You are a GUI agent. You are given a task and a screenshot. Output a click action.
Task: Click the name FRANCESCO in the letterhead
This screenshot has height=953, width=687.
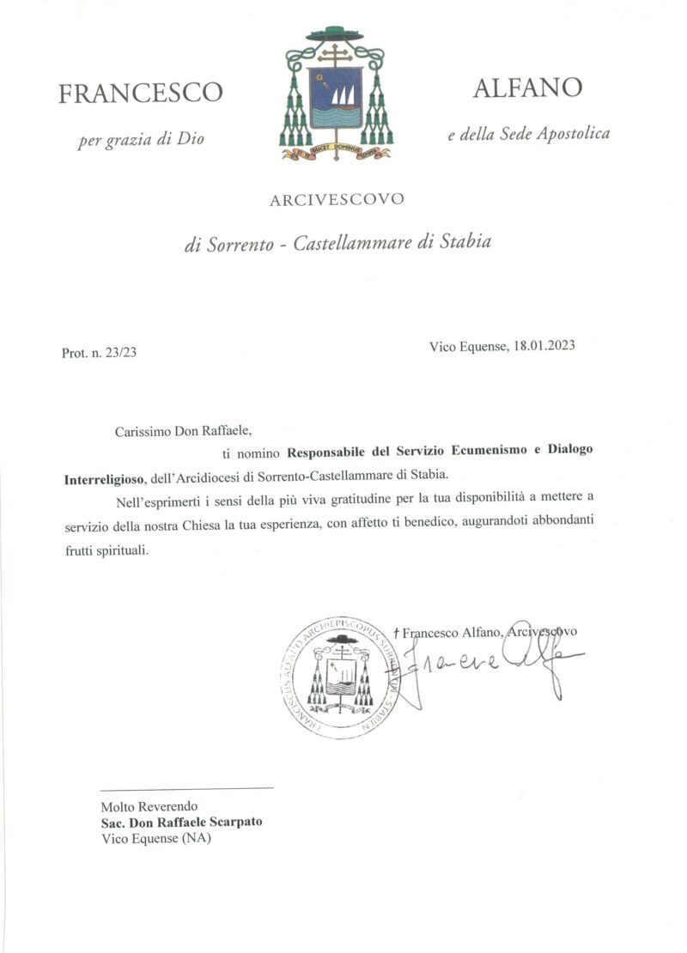tap(140, 93)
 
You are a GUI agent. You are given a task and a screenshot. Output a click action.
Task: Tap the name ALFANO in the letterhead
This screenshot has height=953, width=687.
tap(527, 88)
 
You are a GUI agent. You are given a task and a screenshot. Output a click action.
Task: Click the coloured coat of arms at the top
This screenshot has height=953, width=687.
tap(335, 94)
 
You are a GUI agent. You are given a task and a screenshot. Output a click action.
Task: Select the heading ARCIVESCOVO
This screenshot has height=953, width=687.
tap(337, 201)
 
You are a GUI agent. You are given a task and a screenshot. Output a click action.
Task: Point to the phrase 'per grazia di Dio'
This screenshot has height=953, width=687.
tap(141, 139)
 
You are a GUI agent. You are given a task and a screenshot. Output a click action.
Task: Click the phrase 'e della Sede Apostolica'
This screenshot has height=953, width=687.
tap(528, 134)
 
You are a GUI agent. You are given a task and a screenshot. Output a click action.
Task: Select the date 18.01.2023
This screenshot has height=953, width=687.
tap(544, 347)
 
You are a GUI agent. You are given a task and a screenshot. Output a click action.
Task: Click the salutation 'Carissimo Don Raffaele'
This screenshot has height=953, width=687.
tap(185, 432)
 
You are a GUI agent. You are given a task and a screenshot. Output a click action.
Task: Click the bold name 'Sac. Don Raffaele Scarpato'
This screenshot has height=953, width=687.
tap(181, 822)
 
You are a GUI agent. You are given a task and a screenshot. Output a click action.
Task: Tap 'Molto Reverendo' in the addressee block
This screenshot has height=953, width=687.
tap(149, 806)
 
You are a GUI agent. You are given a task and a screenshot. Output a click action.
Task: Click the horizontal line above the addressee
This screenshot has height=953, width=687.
tap(186, 787)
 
